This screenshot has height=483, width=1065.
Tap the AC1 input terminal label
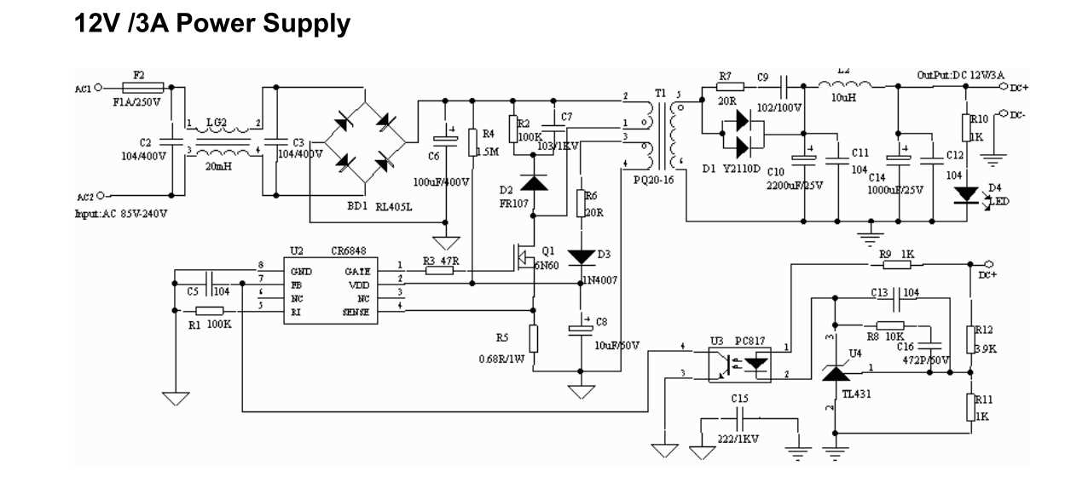tap(83, 88)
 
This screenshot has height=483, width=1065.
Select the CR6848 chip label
tap(350, 251)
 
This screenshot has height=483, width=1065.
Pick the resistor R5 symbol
tap(534, 338)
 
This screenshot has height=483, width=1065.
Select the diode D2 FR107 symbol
tap(534, 181)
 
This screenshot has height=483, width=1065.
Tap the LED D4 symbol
tap(966, 194)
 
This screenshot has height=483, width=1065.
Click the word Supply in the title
tap(305, 23)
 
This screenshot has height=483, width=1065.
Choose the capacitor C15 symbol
tap(739, 419)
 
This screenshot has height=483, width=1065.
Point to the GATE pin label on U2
tap(356, 270)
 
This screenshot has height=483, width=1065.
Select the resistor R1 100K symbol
tap(210, 312)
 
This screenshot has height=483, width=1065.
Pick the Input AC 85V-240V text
tap(121, 213)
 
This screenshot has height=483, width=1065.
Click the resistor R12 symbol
tap(969, 338)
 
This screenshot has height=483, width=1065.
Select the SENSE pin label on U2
tap(355, 312)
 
